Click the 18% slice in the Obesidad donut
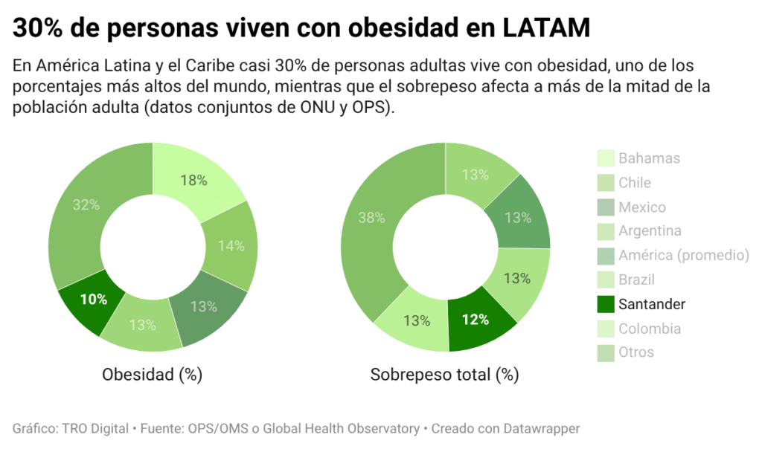pos(193,180)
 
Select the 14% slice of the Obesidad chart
pos(231,245)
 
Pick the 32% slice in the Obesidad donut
pos(86,205)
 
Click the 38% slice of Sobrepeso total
pos(371,218)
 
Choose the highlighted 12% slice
pos(475,319)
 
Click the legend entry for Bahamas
pos(649,158)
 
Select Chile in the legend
pos(634,182)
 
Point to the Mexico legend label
pos(641,207)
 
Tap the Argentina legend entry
pos(650,231)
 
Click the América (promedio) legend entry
pos(683,256)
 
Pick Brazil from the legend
pos(636,280)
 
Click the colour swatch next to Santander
pos(606,304)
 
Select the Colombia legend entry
pos(649,329)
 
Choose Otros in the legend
pos(636,352)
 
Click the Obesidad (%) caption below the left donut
pos(152,375)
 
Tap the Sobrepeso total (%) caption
pos(444,375)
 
